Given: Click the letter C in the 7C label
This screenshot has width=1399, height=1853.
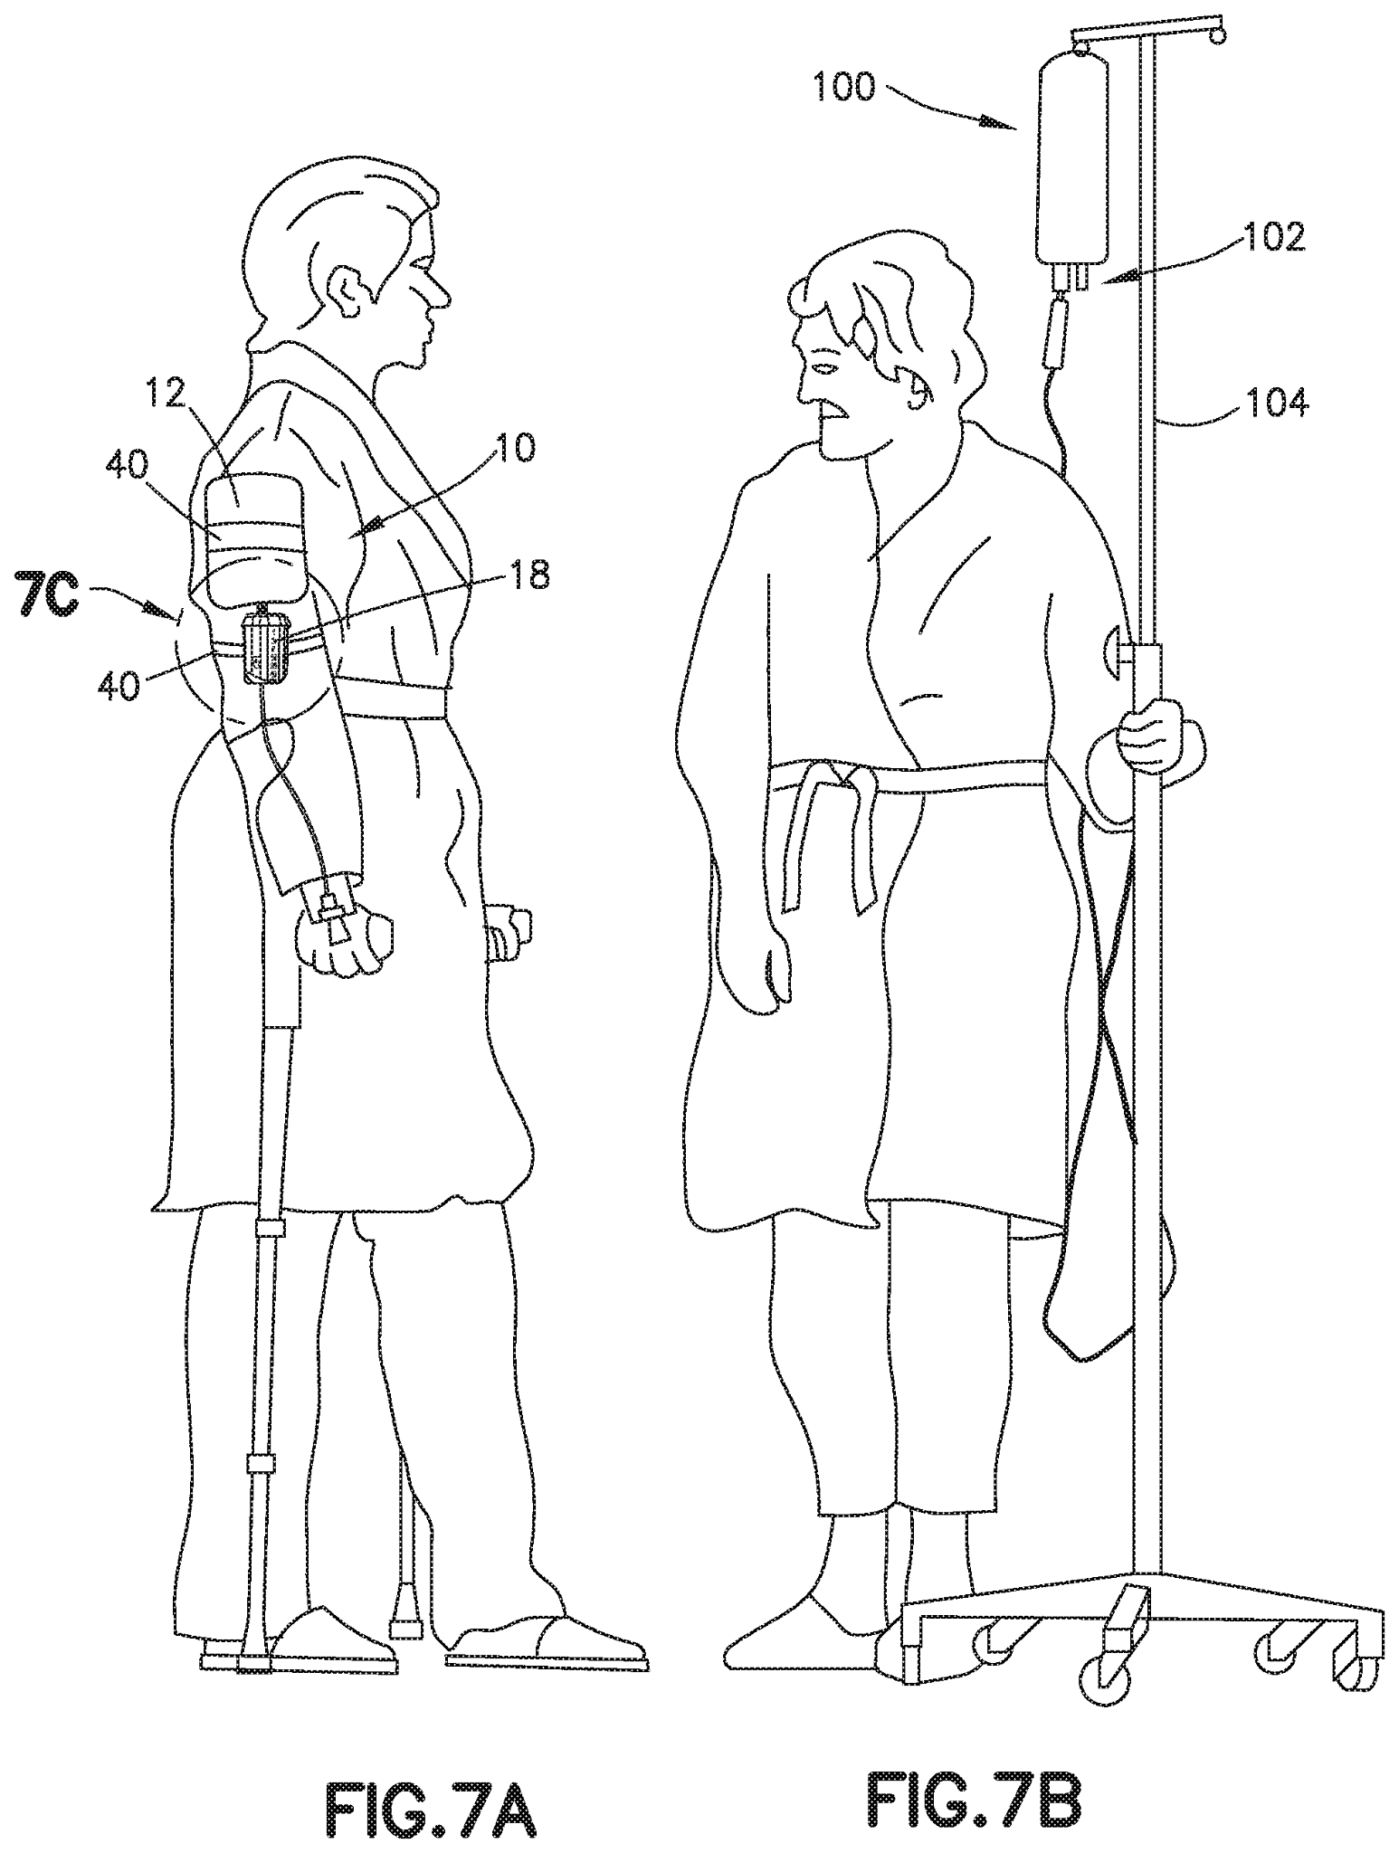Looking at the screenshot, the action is click(x=56, y=598).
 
